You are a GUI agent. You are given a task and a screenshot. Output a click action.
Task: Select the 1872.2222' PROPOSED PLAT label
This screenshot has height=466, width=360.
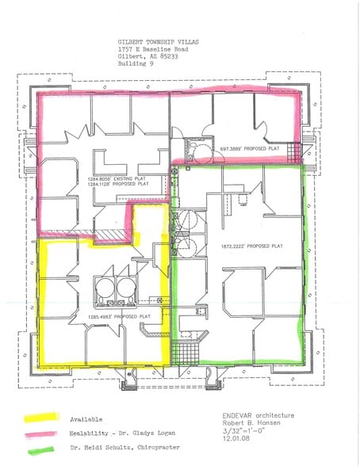254,246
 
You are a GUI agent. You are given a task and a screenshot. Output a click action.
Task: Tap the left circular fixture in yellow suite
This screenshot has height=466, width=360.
103,285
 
